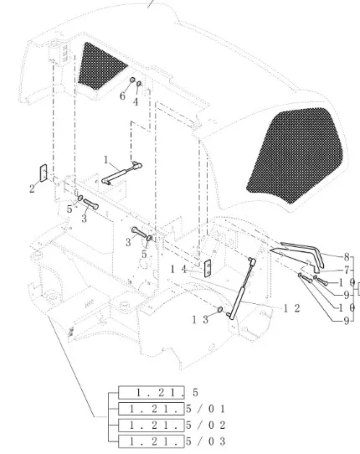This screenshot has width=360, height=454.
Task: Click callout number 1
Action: point(106,158)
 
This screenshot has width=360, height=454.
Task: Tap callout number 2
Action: point(33,188)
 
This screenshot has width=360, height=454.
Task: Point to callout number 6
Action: point(121,97)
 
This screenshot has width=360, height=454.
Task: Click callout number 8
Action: point(346,256)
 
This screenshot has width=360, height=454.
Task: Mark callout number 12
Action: point(291,308)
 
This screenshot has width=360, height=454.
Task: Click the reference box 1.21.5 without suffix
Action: point(157,392)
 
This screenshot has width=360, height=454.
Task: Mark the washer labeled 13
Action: point(219,312)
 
